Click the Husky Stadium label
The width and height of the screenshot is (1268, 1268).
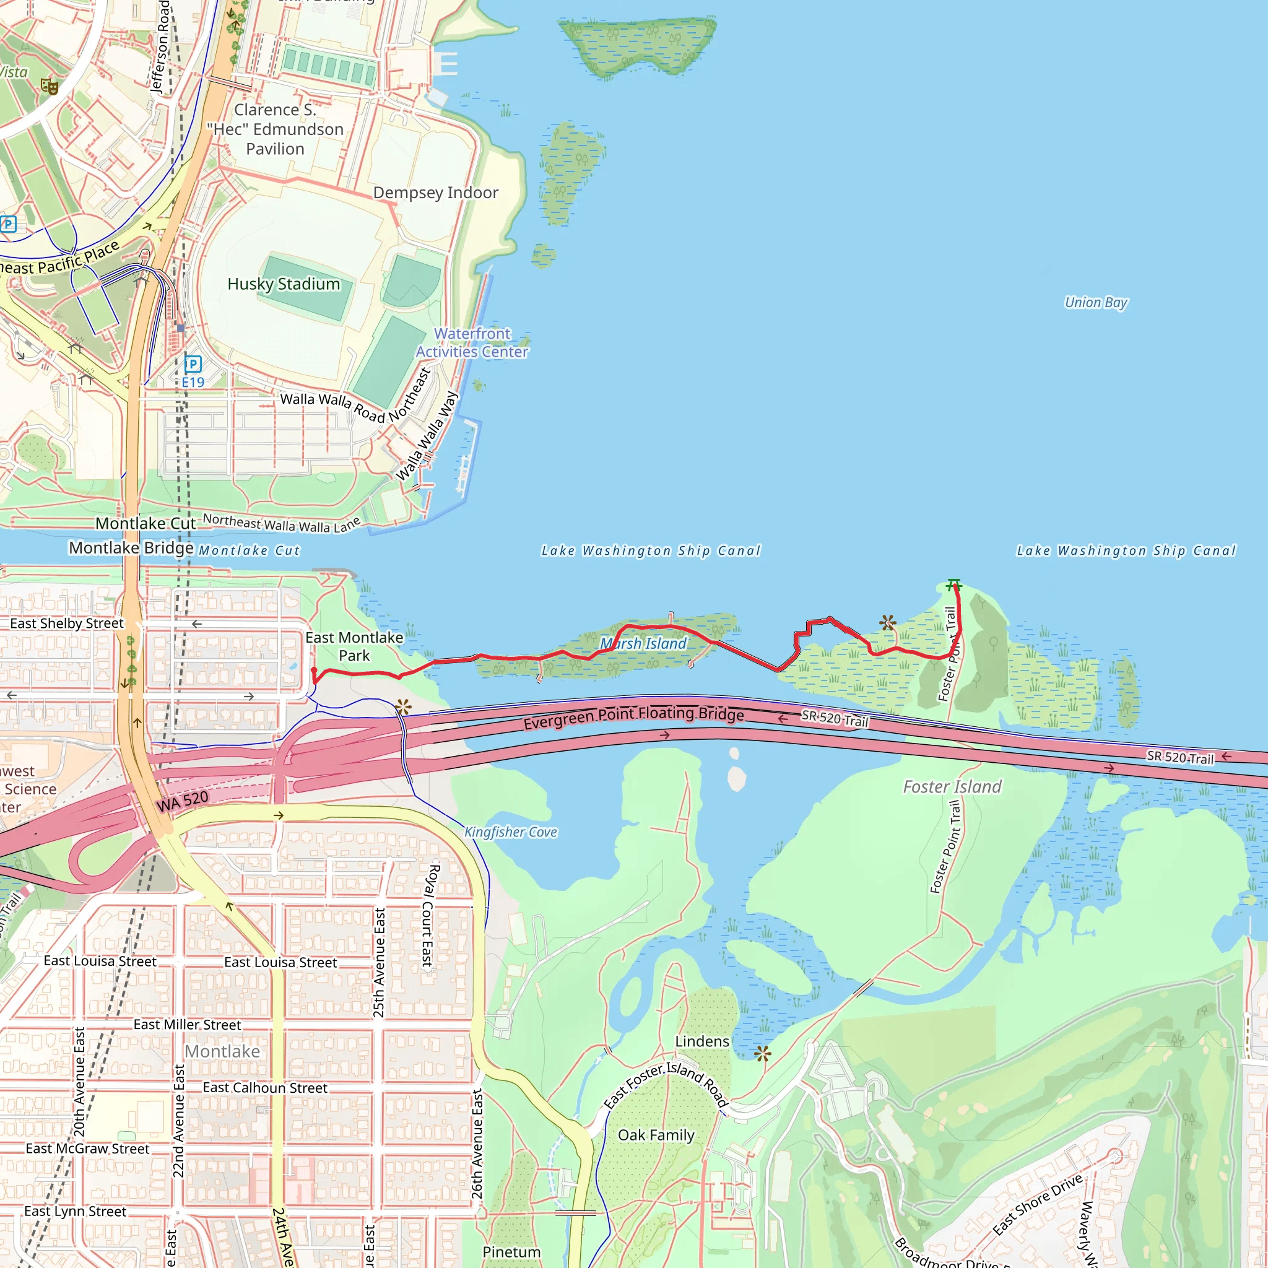tap(284, 284)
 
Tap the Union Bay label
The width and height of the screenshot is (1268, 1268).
tap(1095, 303)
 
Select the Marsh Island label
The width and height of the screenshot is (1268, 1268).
tap(643, 644)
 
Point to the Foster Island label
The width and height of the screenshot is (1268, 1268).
tap(952, 786)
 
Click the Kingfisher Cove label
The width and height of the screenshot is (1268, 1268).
tap(511, 832)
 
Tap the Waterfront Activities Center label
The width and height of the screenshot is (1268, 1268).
tap(472, 342)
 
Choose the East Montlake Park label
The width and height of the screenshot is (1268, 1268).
tap(354, 646)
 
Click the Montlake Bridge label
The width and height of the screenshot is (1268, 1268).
tap(131, 548)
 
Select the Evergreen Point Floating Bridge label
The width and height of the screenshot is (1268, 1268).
tap(633, 718)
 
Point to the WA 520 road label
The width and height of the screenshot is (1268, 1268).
tap(183, 801)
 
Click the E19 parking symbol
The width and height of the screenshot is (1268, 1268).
tap(193, 364)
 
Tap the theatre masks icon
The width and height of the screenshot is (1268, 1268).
tap(50, 86)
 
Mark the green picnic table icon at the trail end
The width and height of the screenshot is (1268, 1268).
tap(953, 583)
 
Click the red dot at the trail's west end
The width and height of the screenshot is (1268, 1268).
tap(315, 670)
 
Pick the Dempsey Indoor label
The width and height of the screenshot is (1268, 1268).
tap(436, 193)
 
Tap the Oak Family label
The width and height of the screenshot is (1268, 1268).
tap(656, 1136)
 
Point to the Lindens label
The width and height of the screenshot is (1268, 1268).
tap(701, 1041)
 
